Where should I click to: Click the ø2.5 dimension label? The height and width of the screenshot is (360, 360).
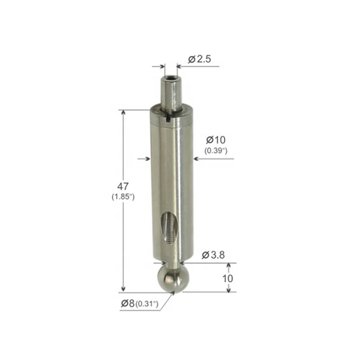[x=198, y=59]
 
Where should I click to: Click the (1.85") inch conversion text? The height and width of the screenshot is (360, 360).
[x=123, y=197]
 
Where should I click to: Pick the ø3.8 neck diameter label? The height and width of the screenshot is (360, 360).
[x=213, y=255]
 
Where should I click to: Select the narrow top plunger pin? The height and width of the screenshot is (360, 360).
[x=170, y=92]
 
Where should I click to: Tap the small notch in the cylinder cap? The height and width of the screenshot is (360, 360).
[x=168, y=118]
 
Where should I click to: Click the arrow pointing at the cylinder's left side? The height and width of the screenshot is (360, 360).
[x=147, y=158]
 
